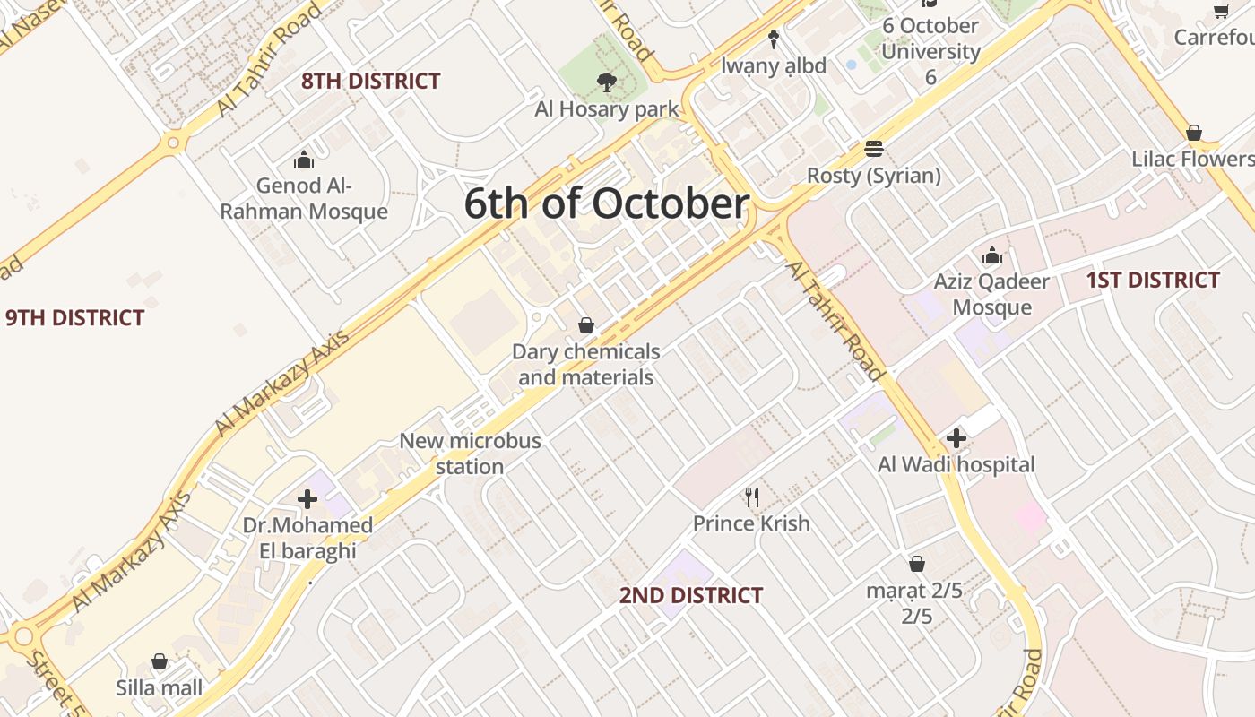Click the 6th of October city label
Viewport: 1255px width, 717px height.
pos(606,204)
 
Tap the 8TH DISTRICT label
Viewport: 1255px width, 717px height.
pos(370,82)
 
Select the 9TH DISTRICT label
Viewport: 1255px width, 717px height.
pos(74,318)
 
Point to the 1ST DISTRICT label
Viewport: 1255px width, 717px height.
pos(1153,281)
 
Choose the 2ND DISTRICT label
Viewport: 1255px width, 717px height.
pos(691,596)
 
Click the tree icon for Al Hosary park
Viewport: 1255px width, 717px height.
pos(607,83)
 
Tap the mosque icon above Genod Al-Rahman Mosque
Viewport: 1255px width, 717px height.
pos(304,160)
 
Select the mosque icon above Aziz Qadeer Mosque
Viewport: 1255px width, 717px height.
pos(991,256)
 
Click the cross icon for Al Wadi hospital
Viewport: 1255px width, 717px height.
pos(956,439)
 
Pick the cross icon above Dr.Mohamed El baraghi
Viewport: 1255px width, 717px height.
pos(307,499)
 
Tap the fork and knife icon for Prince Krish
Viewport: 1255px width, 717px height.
pos(751,497)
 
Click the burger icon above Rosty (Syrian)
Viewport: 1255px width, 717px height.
pos(874,149)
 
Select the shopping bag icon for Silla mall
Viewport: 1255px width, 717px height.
pos(160,661)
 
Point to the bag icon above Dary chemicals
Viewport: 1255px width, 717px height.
pos(586,325)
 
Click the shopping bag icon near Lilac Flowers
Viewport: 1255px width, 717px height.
pos(1194,134)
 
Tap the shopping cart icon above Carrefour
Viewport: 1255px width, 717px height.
pos(1221,11)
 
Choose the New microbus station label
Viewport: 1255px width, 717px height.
pos(470,454)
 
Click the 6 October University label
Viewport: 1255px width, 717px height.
pos(930,51)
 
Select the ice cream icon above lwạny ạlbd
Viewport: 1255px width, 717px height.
pos(774,39)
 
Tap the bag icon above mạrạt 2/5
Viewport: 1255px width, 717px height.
pos(916,564)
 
